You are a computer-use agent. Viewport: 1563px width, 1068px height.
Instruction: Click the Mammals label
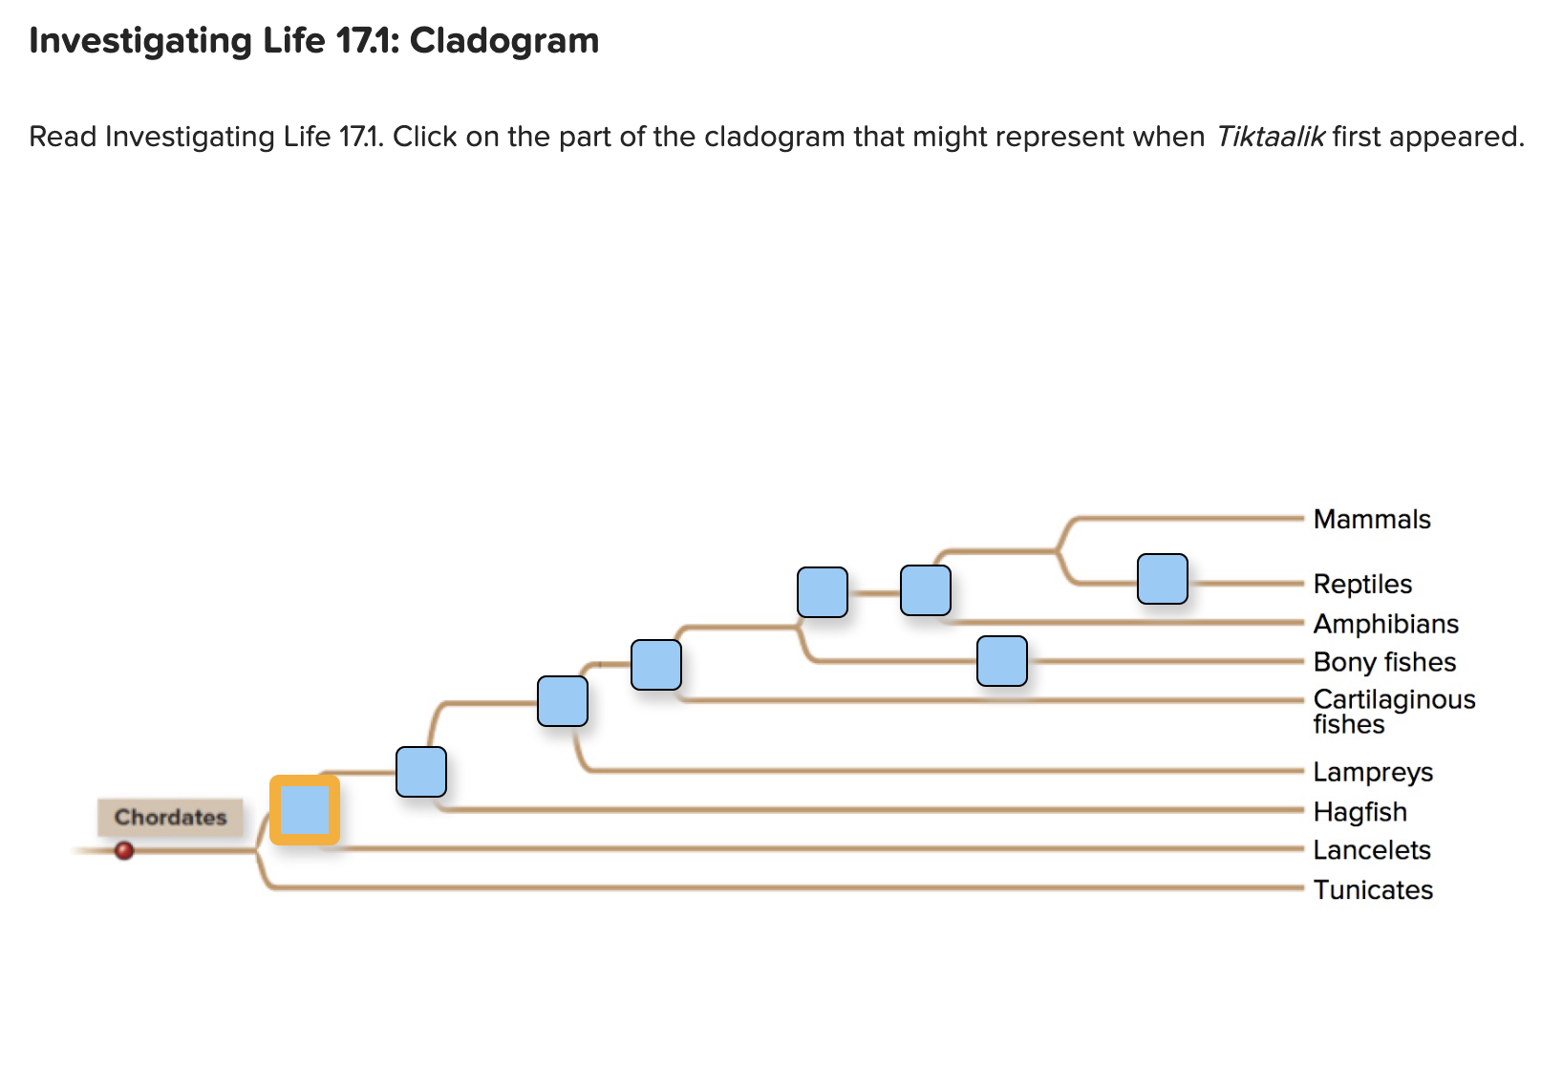tap(1371, 519)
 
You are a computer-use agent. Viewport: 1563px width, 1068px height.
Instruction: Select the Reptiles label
tap(1361, 584)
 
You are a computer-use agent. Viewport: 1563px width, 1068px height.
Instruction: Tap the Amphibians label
tap(1385, 624)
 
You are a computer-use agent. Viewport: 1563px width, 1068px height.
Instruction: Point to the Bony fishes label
tap(1383, 662)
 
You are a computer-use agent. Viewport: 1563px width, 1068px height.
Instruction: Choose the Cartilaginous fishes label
tap(1393, 712)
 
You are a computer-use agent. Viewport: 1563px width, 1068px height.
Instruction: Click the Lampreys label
tap(1372, 772)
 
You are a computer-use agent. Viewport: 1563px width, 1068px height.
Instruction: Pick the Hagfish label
tap(1360, 812)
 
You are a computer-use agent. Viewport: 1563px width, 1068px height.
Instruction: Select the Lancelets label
tap(1371, 850)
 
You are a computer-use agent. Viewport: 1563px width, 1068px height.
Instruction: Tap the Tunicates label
tap(1372, 889)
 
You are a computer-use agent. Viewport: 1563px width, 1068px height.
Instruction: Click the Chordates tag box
tap(170, 817)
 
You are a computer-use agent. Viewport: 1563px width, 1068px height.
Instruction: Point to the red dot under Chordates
tap(124, 850)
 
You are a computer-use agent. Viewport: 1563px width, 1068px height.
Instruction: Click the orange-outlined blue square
tap(305, 810)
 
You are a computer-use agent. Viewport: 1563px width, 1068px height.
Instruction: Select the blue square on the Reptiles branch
tap(1162, 579)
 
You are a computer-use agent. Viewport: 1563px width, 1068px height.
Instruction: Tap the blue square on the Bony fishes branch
tap(1001, 661)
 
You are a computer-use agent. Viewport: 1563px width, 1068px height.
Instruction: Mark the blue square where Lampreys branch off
tap(562, 701)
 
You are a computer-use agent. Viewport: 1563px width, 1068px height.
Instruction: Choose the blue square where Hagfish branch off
tap(420, 772)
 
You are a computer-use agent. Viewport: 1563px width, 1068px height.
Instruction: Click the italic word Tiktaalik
tap(1270, 137)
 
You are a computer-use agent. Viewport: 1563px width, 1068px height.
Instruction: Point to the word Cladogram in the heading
tap(503, 40)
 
